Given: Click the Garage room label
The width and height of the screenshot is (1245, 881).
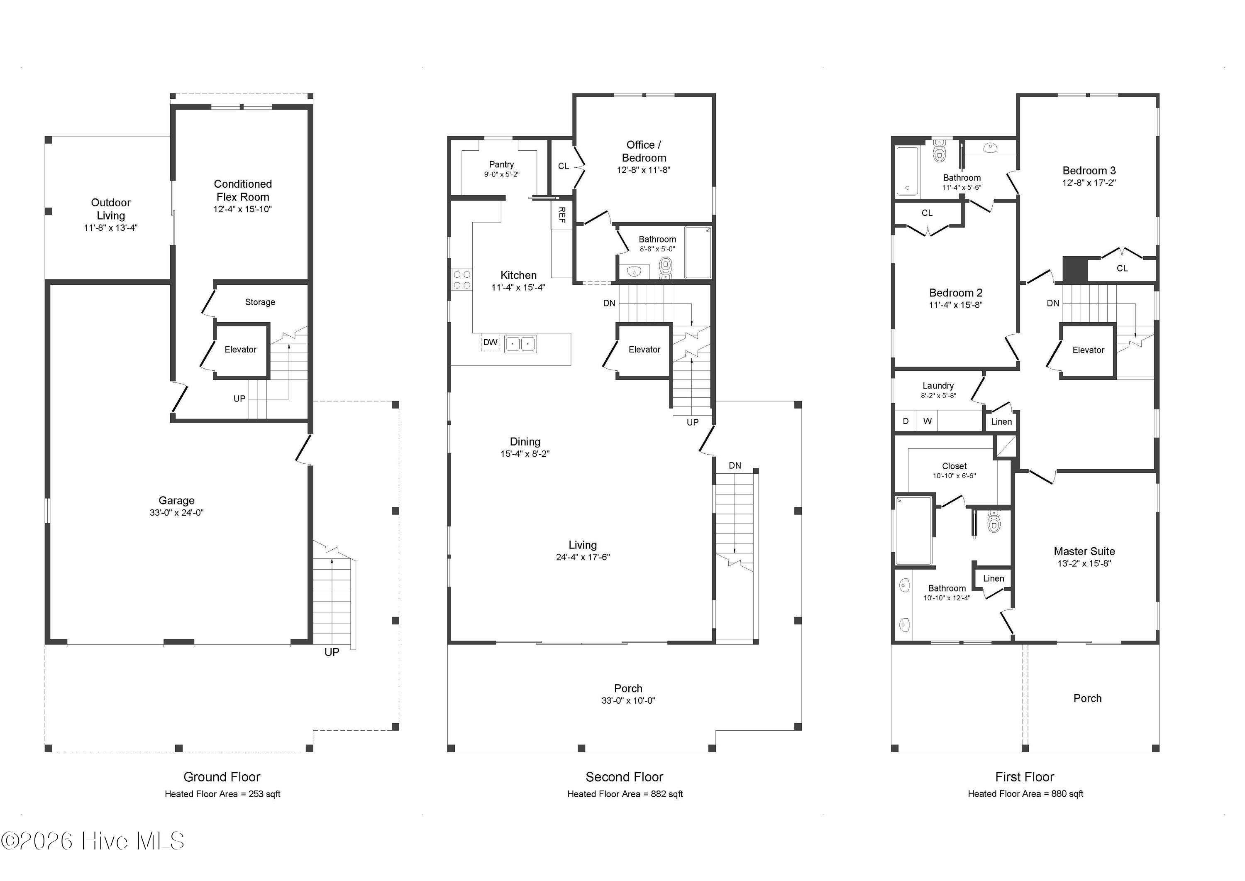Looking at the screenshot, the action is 176,501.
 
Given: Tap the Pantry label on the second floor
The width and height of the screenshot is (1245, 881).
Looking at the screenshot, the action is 502,164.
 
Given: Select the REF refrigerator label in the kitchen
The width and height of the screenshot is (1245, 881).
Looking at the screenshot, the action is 562,215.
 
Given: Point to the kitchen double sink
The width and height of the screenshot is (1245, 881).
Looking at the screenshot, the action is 520,344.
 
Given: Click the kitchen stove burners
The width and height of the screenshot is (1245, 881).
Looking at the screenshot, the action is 462,280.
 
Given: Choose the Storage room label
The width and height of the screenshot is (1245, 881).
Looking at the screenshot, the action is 260,302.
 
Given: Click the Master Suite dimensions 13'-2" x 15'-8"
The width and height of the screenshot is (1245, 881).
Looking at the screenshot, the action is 1084,564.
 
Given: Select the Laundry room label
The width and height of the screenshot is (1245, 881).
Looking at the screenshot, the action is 938,386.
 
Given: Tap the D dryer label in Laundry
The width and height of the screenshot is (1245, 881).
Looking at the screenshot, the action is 906,421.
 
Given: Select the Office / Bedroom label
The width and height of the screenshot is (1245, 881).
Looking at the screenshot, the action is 644,152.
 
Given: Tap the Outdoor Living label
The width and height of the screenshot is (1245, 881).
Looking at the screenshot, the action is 111,209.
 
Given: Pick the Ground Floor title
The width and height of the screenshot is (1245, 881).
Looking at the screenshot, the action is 222,777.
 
